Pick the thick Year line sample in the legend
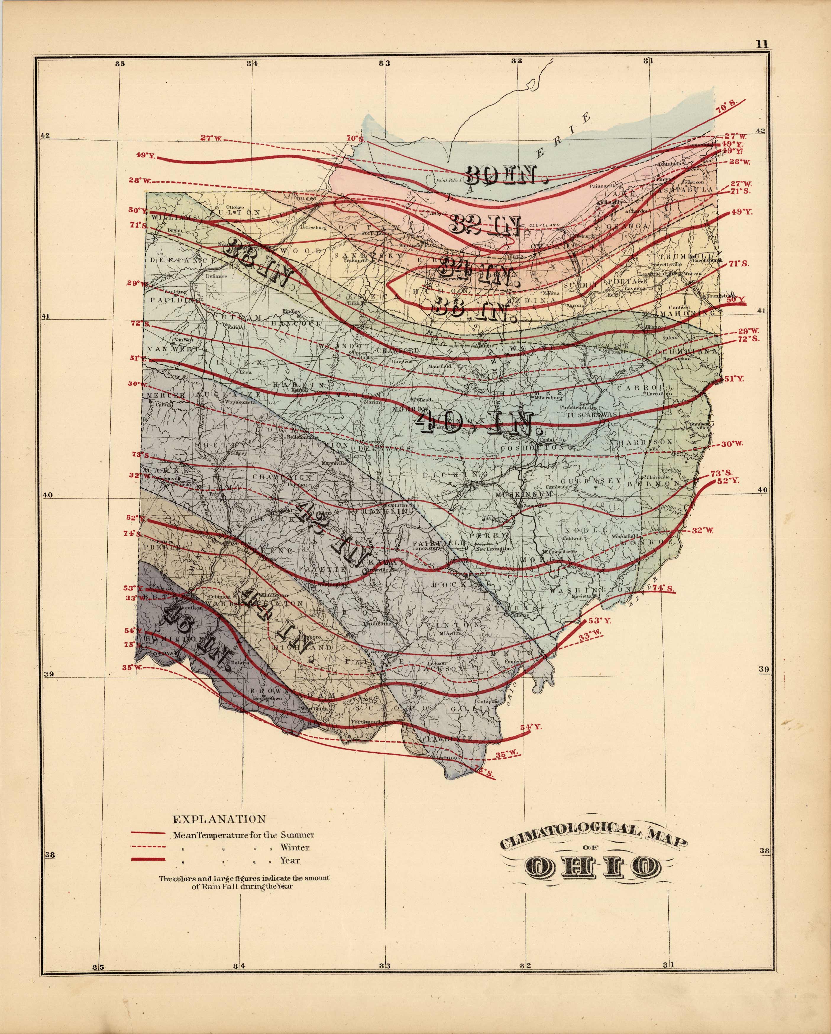point(149,859)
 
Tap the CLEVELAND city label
point(544,225)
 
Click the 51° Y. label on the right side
point(733,379)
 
